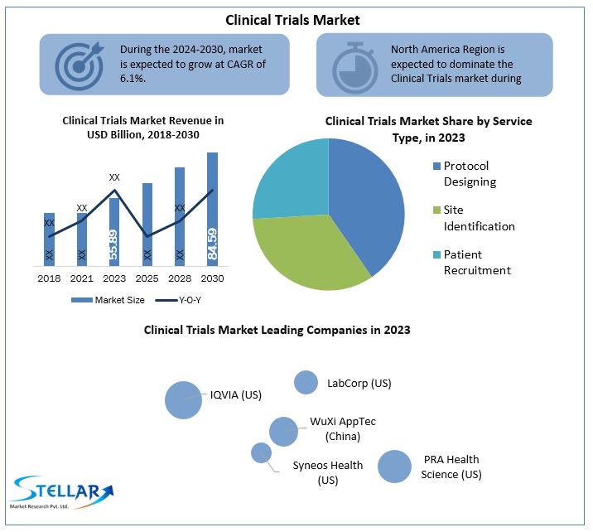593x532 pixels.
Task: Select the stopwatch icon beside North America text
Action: (354, 65)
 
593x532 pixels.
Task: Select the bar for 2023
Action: (114, 232)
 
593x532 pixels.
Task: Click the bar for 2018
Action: (49, 239)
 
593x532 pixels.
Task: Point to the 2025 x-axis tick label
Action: (147, 278)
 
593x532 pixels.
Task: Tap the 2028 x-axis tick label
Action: (179, 278)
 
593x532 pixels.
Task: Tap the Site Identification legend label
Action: (479, 218)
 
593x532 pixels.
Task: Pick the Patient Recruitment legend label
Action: (477, 263)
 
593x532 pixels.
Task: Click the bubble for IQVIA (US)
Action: (183, 399)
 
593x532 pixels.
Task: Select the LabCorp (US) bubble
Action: (306, 382)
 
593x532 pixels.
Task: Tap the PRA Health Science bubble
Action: (394, 467)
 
